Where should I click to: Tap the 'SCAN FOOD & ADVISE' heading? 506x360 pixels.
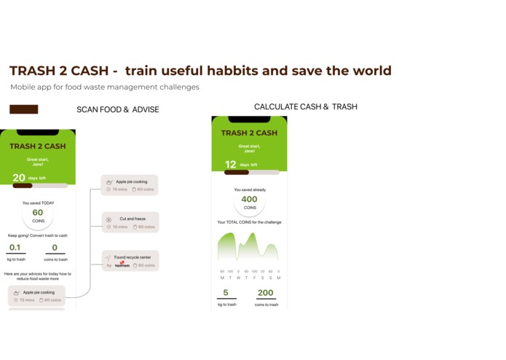tap(118, 110)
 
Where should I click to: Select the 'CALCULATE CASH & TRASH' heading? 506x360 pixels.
tap(305, 107)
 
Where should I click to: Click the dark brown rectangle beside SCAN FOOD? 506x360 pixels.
tap(23, 109)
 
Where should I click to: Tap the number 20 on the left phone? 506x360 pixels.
tap(19, 178)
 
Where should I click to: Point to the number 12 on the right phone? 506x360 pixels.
tap(230, 165)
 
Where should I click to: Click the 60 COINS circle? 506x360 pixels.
tap(38, 216)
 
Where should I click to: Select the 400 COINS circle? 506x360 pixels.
tap(249, 202)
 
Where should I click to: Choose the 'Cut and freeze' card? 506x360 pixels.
tap(130, 222)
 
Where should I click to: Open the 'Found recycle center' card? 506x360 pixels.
tap(130, 261)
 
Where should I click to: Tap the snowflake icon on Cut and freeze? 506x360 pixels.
tap(108, 219)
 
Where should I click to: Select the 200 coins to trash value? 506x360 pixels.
tap(265, 293)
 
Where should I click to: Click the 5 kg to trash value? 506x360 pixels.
tap(226, 293)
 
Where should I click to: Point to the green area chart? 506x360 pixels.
tap(248, 248)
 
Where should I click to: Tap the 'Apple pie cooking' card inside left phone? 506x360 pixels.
tap(37, 295)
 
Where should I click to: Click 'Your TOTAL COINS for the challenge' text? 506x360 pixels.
tap(249, 222)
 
